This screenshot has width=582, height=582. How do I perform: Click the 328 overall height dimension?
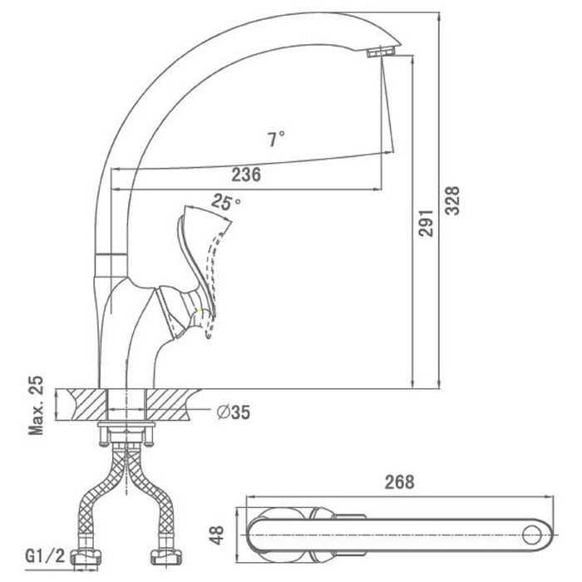point(452,200)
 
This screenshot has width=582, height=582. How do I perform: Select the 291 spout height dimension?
point(426,223)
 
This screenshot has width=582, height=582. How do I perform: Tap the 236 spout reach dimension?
point(246,175)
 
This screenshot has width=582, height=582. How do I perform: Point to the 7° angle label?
point(276,139)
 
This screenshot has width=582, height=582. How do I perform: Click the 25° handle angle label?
point(226,202)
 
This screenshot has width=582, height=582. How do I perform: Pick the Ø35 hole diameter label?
point(234,412)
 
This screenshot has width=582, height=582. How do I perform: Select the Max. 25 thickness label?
point(36,406)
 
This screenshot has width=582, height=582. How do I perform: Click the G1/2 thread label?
point(45,555)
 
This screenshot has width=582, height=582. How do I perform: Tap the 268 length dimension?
point(399,482)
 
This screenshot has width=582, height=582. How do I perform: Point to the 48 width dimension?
point(217,535)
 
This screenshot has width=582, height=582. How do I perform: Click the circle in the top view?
point(531,535)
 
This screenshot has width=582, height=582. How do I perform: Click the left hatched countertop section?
point(88,405)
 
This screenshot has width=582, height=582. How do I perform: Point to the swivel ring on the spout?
point(111,264)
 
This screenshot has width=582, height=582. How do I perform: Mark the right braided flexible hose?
point(150,496)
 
